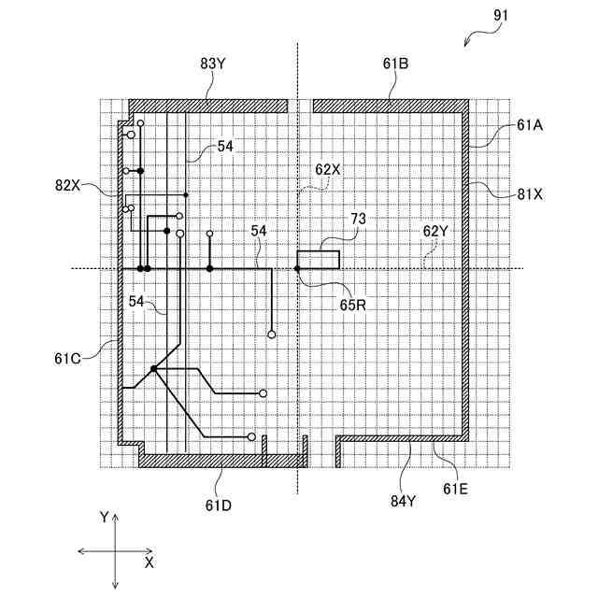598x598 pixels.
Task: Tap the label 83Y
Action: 213,64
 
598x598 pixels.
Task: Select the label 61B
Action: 395,64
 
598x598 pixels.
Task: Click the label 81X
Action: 530,194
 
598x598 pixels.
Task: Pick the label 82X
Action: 68,184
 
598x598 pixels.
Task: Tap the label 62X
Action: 329,169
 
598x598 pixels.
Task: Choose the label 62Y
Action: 436,229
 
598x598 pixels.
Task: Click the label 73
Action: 359,219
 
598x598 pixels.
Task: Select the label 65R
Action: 351,302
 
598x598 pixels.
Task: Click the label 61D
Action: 220,505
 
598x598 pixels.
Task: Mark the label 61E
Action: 457,487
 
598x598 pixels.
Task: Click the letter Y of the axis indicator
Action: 105,516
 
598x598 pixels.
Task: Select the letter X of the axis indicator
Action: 149,563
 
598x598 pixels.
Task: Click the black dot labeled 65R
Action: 297,269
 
